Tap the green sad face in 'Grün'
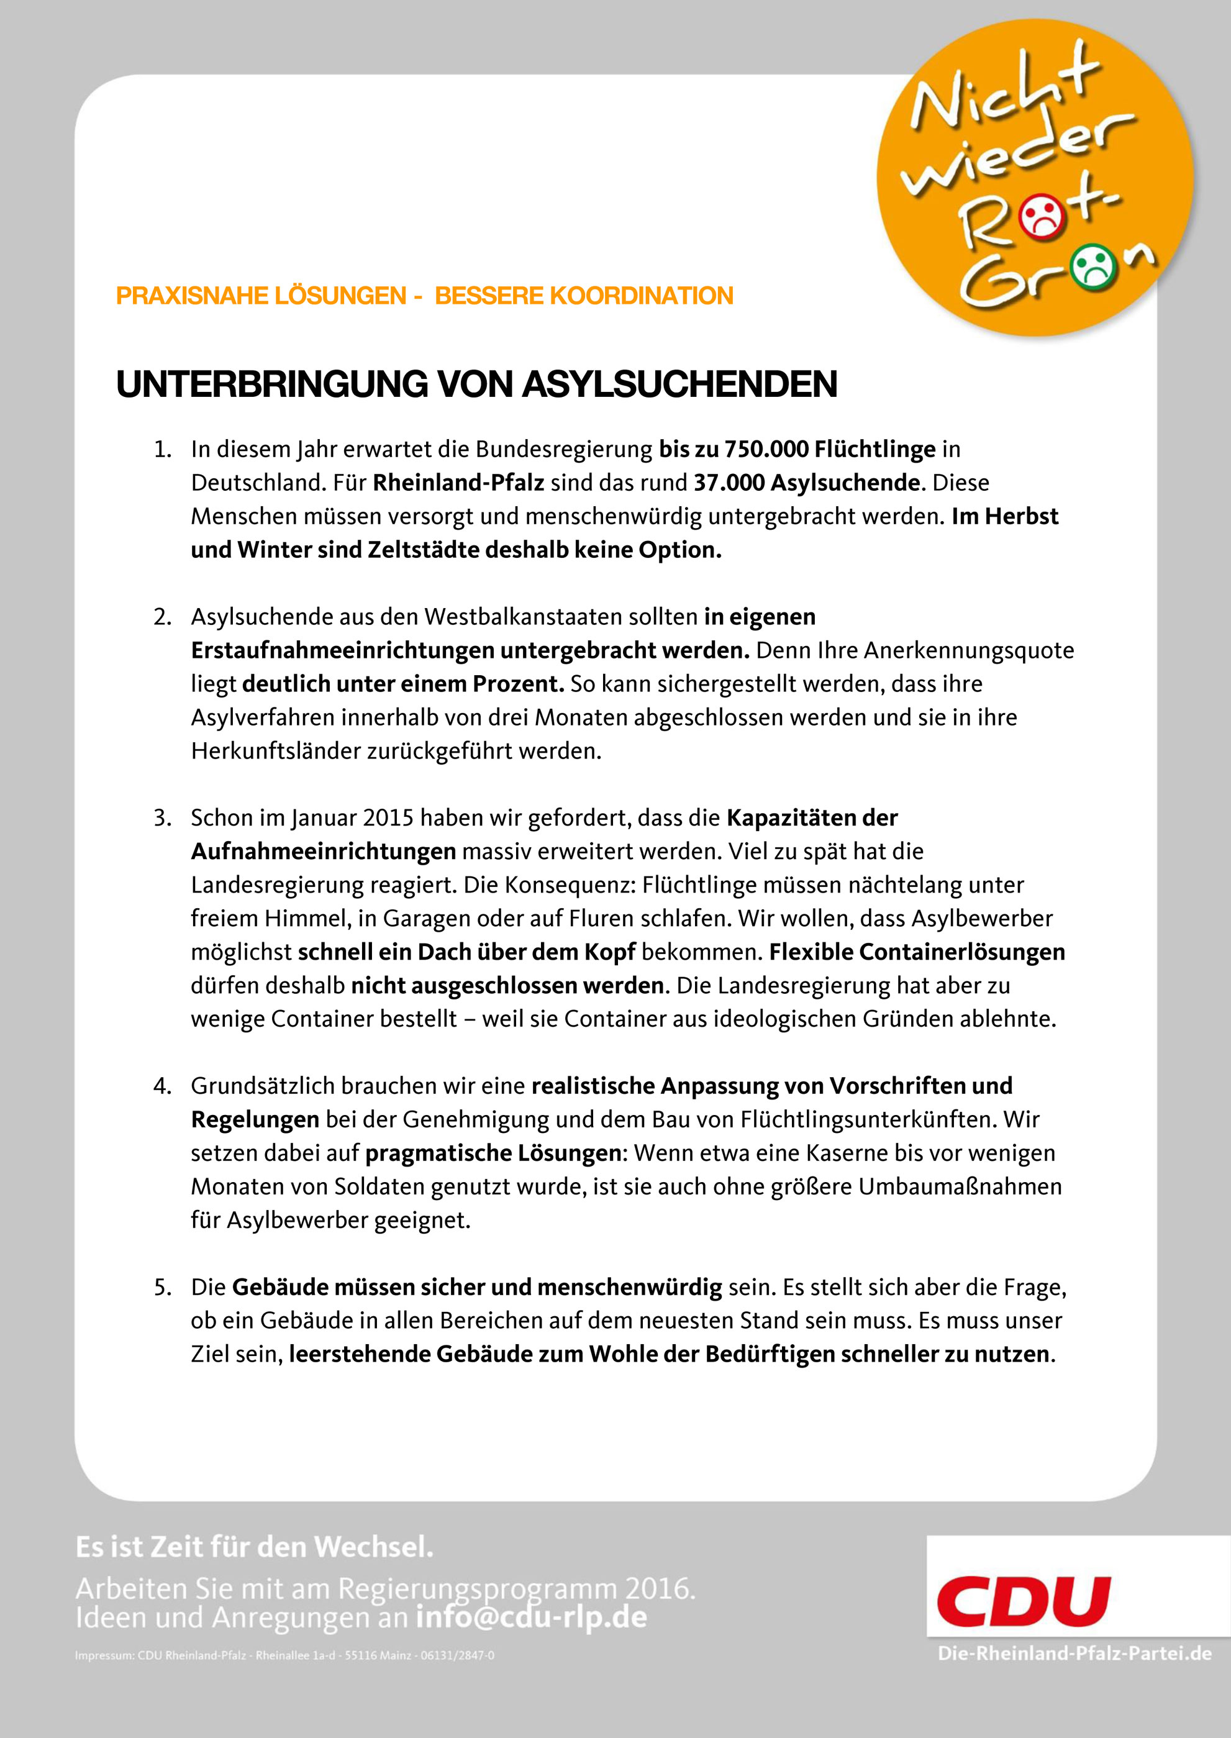(x=1092, y=265)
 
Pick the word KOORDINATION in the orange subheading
(x=641, y=296)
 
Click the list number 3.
(x=161, y=819)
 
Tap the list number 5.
(x=161, y=1287)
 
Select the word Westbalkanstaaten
(x=560, y=617)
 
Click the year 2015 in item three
(x=388, y=819)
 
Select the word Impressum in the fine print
(x=104, y=1655)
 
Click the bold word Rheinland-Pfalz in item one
(x=458, y=483)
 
